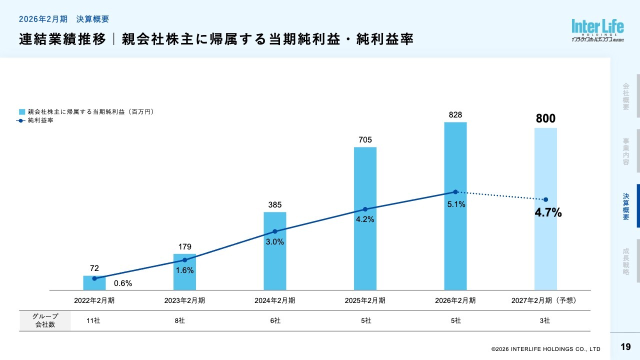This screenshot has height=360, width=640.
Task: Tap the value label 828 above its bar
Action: pyautogui.click(x=455, y=115)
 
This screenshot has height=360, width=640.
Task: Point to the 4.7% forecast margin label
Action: pyautogui.click(x=548, y=213)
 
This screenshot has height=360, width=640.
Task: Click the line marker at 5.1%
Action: pyautogui.click(x=455, y=192)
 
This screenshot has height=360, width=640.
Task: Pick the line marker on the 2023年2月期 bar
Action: pyautogui.click(x=184, y=260)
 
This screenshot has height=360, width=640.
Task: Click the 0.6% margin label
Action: pyautogui.click(x=123, y=283)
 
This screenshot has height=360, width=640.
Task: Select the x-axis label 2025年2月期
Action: pyautogui.click(x=365, y=300)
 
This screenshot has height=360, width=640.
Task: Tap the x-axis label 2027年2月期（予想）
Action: pyautogui.click(x=544, y=300)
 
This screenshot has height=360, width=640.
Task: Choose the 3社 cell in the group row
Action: pyautogui.click(x=544, y=320)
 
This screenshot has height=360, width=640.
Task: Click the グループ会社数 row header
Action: pyautogui.click(x=45, y=320)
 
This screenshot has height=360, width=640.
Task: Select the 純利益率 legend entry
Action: pyautogui.click(x=40, y=120)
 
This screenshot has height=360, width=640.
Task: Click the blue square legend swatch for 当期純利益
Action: pyautogui.click(x=22, y=112)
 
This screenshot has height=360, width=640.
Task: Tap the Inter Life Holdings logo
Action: pyautogui.click(x=597, y=31)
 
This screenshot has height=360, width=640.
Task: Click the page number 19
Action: pyautogui.click(x=625, y=347)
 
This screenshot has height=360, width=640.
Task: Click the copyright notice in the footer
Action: pyautogui.click(x=545, y=349)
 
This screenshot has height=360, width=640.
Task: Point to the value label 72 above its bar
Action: pyautogui.click(x=94, y=268)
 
